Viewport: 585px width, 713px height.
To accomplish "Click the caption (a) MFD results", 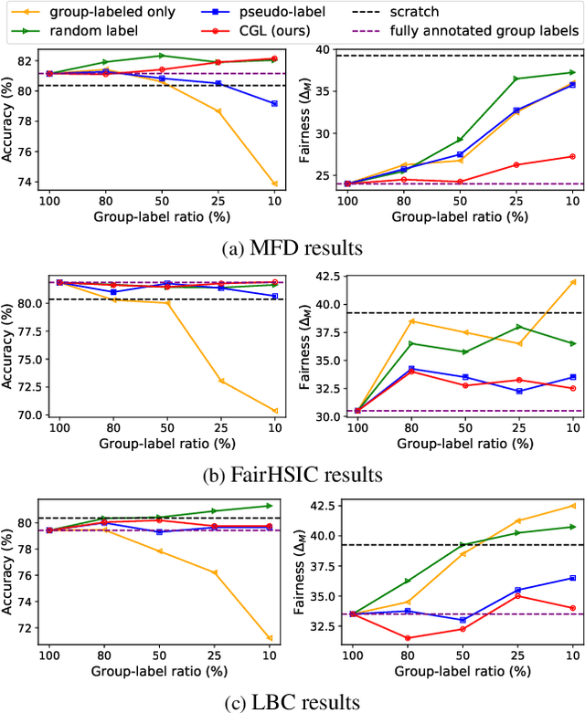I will tap(292, 248).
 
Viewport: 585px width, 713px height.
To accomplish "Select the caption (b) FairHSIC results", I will tap(292, 474).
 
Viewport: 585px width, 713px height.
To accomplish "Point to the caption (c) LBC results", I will tap(292, 700).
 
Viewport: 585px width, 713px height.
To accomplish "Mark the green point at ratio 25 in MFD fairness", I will tap(516, 79).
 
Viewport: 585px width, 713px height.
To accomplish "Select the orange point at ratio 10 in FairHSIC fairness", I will tap(572, 282).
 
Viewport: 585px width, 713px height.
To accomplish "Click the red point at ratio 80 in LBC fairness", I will tap(406, 638).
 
